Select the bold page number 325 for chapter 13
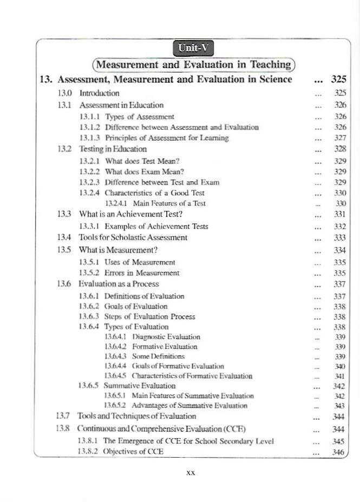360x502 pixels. coord(338,80)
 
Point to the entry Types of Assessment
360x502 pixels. coord(139,116)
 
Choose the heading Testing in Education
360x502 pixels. coord(113,148)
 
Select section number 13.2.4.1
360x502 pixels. coord(116,203)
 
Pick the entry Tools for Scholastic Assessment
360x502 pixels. coord(133,237)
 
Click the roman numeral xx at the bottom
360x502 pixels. coord(190,473)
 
